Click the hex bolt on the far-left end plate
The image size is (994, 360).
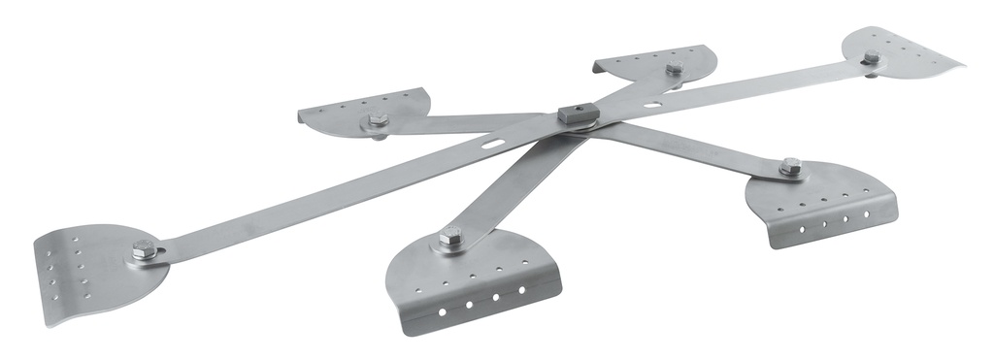(x=145, y=251)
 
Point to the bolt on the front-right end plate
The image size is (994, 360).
(x=790, y=167)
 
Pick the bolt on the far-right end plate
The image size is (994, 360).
(x=871, y=57)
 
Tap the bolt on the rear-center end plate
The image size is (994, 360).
(x=674, y=68)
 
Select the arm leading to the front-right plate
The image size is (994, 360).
(x=689, y=146)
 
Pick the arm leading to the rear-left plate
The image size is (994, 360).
(x=466, y=122)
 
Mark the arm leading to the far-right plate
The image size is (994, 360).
(x=738, y=82)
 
